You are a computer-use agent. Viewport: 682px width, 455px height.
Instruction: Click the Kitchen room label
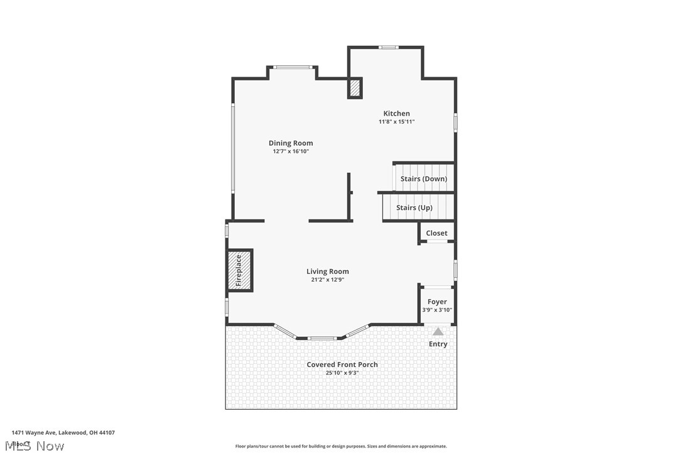(x=396, y=114)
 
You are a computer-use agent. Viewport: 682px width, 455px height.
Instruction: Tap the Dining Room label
(x=291, y=143)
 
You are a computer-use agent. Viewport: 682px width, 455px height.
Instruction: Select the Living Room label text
(x=327, y=271)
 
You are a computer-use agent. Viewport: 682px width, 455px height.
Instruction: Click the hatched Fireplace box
(x=239, y=270)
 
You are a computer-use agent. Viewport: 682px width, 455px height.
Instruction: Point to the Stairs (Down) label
(x=424, y=178)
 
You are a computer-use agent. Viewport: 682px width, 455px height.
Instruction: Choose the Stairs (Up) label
(x=414, y=207)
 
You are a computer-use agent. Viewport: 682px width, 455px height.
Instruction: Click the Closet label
(x=436, y=233)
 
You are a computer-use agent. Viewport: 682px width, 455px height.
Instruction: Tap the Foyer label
(x=437, y=302)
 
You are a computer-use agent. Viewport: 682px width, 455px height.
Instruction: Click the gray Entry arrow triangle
(x=438, y=331)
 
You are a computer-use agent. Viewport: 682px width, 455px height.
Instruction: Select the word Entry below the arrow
(x=438, y=344)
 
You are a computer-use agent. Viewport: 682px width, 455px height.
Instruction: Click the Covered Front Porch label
(x=342, y=365)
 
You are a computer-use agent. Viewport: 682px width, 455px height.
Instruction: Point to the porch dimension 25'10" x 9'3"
(x=342, y=373)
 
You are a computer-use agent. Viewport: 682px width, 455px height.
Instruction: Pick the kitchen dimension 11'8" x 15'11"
(x=396, y=122)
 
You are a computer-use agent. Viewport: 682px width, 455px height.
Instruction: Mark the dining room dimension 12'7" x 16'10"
(x=291, y=151)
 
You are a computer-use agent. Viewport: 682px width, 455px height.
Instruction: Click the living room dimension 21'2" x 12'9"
(x=327, y=280)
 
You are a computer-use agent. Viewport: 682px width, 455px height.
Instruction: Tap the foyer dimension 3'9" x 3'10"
(x=437, y=310)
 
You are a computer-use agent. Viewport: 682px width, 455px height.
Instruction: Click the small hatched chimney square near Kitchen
(x=355, y=88)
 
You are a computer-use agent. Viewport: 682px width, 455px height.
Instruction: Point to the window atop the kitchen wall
(x=388, y=47)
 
